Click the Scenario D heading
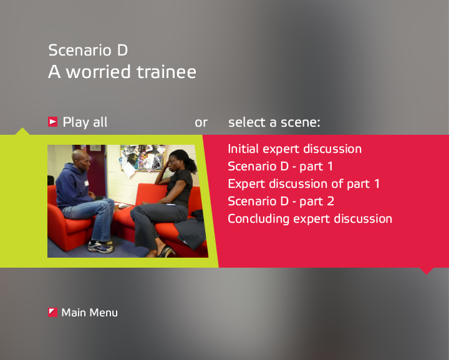click(88, 50)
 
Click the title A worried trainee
click(122, 72)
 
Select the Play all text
click(85, 122)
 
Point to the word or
click(201, 123)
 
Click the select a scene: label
click(274, 122)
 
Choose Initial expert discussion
click(294, 149)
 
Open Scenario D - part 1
click(281, 167)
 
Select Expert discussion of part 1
click(304, 184)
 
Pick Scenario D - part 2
click(281, 202)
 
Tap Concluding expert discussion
click(310, 219)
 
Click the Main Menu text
click(90, 313)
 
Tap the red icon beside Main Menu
click(52, 313)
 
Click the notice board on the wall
click(143, 158)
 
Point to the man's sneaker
click(100, 246)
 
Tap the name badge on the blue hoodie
click(86, 183)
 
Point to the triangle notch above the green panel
click(22, 131)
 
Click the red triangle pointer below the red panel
click(427, 271)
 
